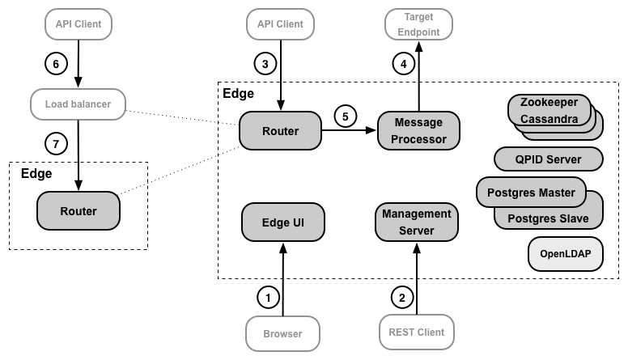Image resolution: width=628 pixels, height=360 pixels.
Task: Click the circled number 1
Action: pos(268,297)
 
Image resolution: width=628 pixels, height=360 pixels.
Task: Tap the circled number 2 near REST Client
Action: pos(401,297)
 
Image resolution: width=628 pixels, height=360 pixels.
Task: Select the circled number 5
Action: pos(346,116)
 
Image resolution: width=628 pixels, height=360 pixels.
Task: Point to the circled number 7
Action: pos(56,144)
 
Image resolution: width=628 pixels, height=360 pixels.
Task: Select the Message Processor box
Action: pos(418,129)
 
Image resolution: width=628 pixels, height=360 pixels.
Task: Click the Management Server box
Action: pos(416,222)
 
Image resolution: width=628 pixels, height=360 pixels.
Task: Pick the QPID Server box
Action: pos(548,159)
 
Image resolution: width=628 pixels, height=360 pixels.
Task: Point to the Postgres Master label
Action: pos(531,192)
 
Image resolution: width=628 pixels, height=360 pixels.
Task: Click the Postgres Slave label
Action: pos(547,218)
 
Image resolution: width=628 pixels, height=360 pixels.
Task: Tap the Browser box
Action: pos(282,332)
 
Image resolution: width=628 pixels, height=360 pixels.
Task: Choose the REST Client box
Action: pos(416,332)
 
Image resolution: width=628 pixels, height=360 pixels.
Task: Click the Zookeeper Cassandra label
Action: pos(549,112)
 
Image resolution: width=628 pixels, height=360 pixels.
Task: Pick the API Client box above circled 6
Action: pos(78,24)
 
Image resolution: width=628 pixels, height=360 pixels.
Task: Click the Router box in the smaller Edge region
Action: pos(78,211)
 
